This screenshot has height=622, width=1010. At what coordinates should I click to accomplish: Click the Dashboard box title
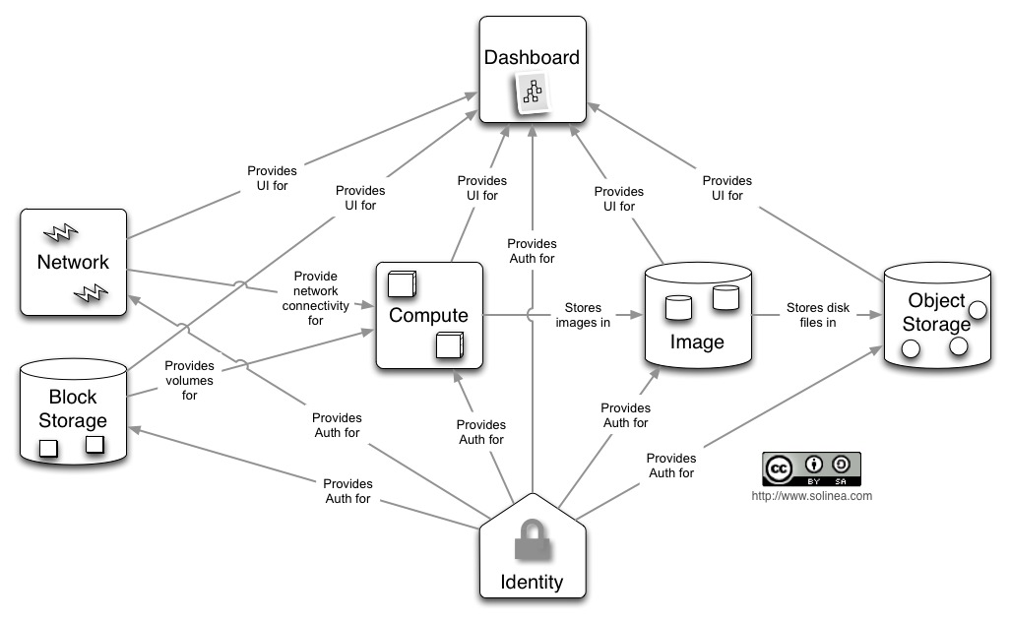pos(532,57)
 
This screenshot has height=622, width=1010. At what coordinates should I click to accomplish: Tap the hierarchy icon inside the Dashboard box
pos(533,93)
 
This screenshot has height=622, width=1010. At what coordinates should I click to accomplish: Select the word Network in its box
pos(73,262)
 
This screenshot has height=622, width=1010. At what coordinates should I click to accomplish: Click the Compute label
pos(428,315)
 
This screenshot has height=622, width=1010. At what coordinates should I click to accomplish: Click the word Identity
pos(532,582)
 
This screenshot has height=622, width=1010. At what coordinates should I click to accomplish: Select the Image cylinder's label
pos(697,342)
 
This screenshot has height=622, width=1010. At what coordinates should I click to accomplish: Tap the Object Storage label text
pos(937,312)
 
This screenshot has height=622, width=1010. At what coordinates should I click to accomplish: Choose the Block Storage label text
pos(73,408)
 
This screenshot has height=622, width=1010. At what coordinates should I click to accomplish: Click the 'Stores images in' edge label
pos(582,315)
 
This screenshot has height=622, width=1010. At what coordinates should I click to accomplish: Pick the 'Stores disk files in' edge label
pos(817,315)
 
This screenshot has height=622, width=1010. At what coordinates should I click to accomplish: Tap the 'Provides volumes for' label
pos(189,380)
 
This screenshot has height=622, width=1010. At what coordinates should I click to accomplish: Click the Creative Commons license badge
pos(811,468)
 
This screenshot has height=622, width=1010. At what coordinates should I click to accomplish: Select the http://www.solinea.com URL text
pos(811,496)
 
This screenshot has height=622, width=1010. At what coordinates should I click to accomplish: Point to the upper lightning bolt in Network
pos(59,232)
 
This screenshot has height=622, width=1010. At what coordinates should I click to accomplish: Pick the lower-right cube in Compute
pos(449,345)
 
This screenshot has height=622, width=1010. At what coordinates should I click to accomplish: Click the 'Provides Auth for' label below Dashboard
pos(532,251)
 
